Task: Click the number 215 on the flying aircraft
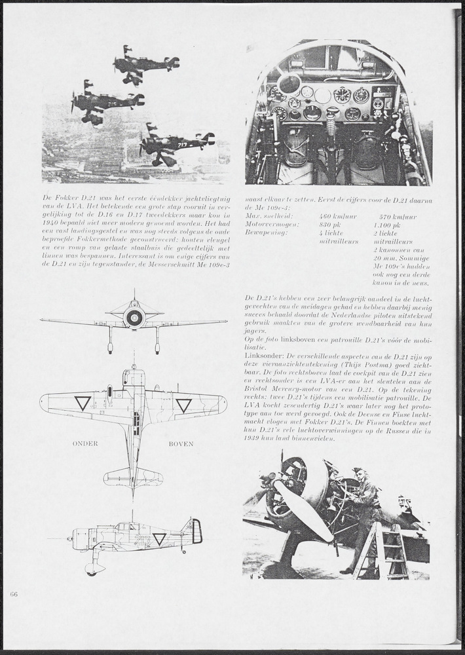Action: (112, 103)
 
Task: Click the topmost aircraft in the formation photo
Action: (145, 64)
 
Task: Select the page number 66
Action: (14, 593)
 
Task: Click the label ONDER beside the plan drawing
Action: (85, 443)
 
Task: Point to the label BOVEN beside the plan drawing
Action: (181, 443)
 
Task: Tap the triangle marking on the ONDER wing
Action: (83, 403)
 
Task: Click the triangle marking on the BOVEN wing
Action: (183, 405)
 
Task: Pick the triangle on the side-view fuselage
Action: (159, 538)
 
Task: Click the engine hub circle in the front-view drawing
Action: (134, 318)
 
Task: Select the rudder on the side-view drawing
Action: (196, 531)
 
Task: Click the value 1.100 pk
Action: (389, 224)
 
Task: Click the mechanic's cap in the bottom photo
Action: (358, 470)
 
